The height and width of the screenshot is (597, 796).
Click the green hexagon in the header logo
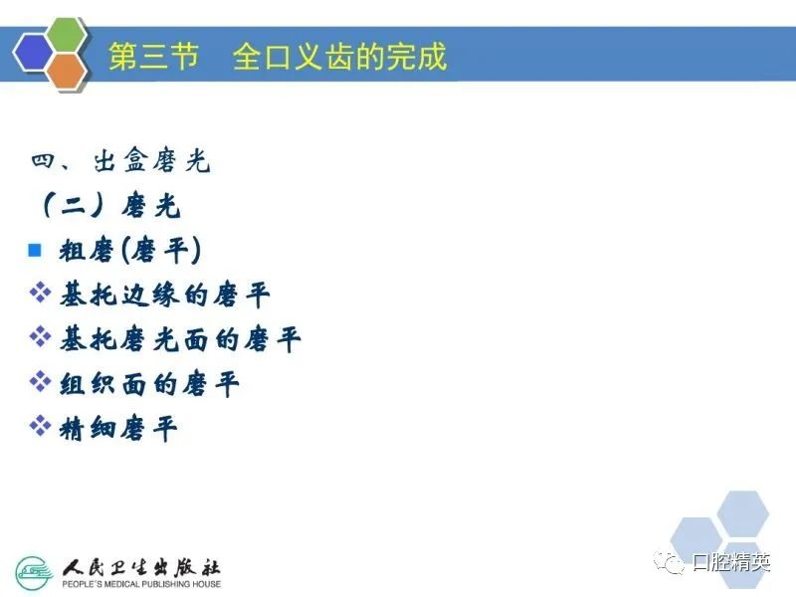[67, 36]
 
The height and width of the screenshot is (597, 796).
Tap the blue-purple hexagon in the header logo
[34, 53]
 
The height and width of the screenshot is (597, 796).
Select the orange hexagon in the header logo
[68, 71]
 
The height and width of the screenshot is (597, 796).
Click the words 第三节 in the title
[153, 56]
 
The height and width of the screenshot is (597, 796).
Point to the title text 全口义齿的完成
[339, 56]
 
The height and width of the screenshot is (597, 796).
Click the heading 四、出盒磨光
[120, 161]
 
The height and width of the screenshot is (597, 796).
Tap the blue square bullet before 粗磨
[35, 250]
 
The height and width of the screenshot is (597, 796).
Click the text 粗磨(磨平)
[130, 251]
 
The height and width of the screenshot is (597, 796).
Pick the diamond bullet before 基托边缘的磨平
[40, 293]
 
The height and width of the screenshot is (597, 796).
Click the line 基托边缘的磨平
[164, 295]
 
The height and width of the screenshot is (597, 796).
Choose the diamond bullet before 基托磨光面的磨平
[40, 336]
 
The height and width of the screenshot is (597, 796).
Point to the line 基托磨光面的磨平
[180, 339]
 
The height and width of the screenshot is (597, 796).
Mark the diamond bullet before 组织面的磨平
[40, 381]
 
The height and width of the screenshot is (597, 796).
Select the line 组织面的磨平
[149, 384]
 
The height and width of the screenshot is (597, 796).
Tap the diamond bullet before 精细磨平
[40, 426]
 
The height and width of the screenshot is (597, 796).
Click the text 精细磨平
[118, 429]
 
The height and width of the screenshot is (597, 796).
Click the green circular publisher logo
[34, 573]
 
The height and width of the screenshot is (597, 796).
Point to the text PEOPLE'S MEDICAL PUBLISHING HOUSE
[141, 584]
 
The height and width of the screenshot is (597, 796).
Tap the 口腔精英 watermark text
[731, 562]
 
